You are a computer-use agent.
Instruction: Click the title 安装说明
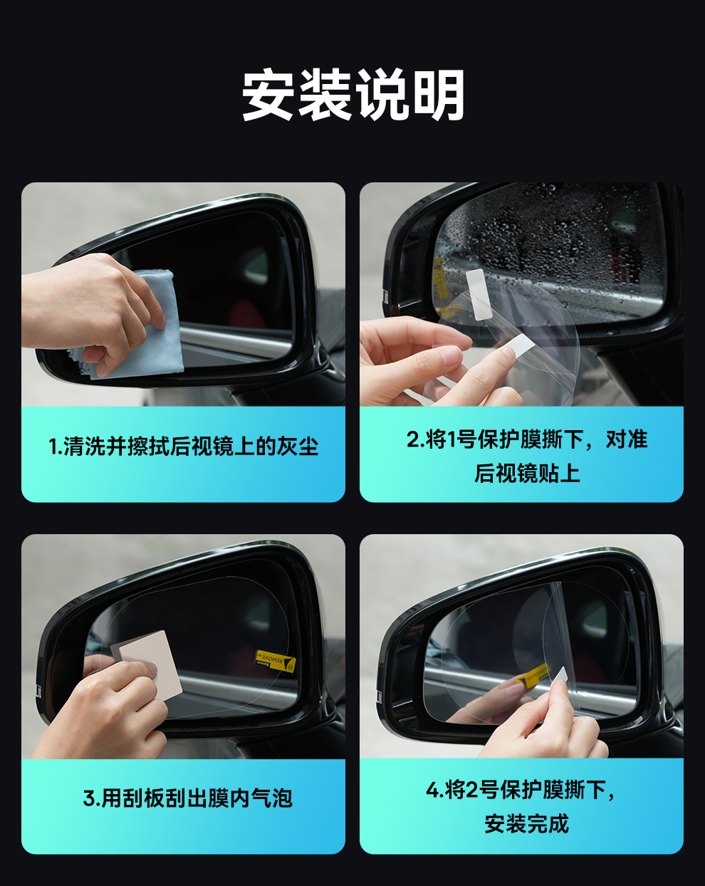coord(353,95)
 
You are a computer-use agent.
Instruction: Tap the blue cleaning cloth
coord(140,329)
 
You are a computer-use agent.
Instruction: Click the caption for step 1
coord(183,447)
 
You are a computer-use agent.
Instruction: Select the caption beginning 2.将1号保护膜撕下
coord(527,456)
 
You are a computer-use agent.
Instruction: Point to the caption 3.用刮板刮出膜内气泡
coord(187,798)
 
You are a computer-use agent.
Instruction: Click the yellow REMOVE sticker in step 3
coord(276,662)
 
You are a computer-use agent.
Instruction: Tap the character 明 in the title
coord(439,95)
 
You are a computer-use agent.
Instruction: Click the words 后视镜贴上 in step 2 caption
coord(527,473)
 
